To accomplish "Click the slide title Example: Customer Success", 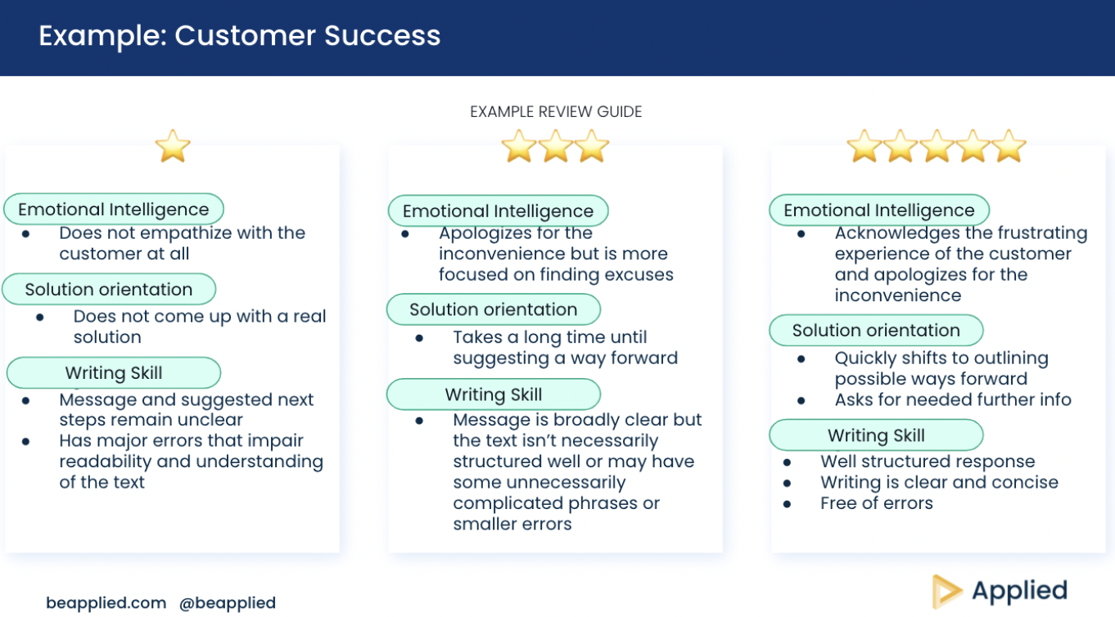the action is [239, 36].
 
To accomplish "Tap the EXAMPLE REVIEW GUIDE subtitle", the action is [556, 111].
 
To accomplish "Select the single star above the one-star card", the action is [173, 146].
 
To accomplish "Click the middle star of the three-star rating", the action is [556, 146].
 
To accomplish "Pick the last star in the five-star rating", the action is [1009, 146].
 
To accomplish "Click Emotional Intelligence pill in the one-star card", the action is [114, 209].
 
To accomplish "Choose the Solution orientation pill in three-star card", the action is [494, 309].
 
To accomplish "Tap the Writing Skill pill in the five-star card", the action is [876, 435].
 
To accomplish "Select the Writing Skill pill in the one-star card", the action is [114, 372].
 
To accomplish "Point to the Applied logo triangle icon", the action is [946, 591].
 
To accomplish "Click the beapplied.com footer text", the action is [106, 602].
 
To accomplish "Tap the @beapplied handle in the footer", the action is [228, 603].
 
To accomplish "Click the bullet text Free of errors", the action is [877, 503].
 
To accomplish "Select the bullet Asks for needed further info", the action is [953, 399].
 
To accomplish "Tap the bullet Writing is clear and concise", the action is [939, 482].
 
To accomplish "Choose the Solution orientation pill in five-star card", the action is [876, 330].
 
